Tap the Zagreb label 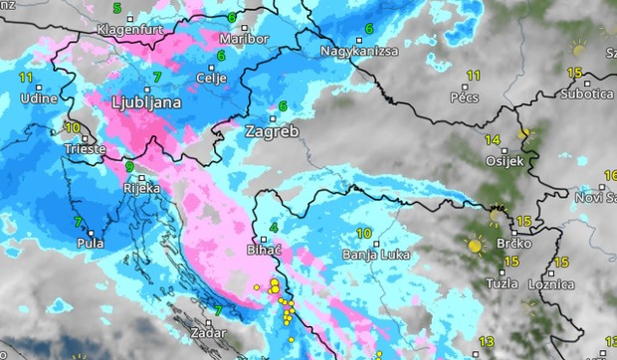272,131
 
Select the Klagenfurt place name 128,30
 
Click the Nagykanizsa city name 359,51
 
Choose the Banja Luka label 369,254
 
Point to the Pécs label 465,98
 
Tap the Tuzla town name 501,283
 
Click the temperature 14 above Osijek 493,139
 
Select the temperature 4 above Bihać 274,230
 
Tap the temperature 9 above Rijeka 129,167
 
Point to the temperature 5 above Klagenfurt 117,9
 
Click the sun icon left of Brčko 475,245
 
